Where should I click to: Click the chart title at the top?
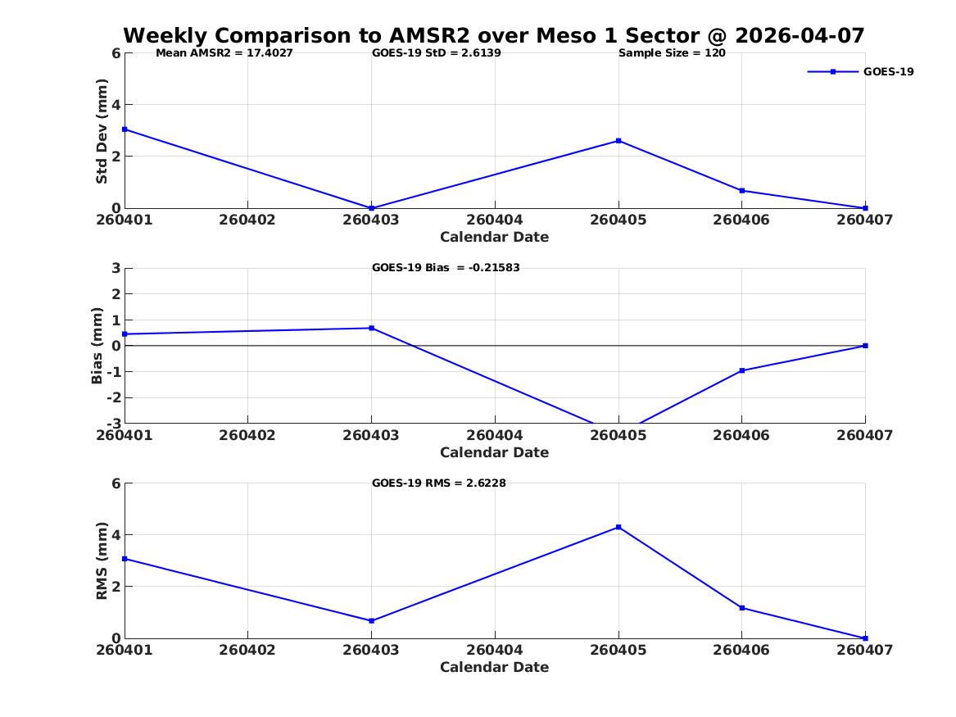[x=494, y=35]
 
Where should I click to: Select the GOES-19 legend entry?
[x=860, y=71]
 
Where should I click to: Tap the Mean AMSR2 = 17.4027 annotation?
[x=224, y=53]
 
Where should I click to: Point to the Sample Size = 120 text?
[x=672, y=53]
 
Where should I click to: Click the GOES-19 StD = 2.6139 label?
[x=437, y=53]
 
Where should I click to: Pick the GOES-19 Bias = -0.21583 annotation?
[x=446, y=268]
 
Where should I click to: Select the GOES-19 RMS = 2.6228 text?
[x=439, y=483]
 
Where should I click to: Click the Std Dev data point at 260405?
[x=618, y=141]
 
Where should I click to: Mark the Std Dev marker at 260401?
[x=125, y=129]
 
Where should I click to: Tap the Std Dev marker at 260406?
[x=742, y=191]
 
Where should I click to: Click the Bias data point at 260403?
[x=371, y=328]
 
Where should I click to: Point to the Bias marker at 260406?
[x=742, y=370]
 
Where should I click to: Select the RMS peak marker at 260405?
[x=618, y=527]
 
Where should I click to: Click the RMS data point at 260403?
[x=371, y=620]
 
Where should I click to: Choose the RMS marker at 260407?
[x=865, y=638]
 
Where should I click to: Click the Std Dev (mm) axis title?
[x=102, y=131]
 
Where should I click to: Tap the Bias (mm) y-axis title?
[x=97, y=346]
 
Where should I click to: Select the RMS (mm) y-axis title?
[x=102, y=561]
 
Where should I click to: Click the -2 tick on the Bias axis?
[x=113, y=397]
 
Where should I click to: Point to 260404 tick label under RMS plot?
[x=495, y=650]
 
